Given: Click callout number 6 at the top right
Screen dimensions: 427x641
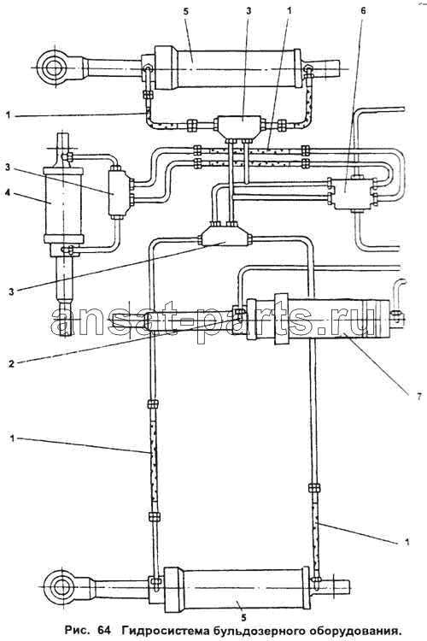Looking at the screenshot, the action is pos(363,11).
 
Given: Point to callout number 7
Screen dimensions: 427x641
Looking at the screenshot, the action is pos(418,396).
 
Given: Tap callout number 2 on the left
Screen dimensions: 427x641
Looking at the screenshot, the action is pos(11,363).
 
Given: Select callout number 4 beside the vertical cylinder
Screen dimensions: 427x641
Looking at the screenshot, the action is pos(8,192).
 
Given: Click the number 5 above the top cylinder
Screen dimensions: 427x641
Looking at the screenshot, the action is pos(186,11).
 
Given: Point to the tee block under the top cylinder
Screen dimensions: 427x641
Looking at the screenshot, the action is pos(242,125).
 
